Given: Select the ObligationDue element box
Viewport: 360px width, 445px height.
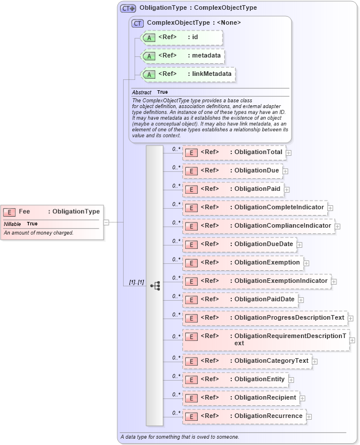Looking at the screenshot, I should tap(232, 171).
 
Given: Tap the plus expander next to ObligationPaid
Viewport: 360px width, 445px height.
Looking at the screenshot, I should tap(286, 189).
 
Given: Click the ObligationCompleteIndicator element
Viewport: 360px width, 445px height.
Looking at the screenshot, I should tap(254, 208).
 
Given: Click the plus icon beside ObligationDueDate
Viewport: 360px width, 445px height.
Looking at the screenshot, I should tap(300, 245).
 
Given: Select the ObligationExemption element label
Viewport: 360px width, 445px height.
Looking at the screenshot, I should tap(267, 262).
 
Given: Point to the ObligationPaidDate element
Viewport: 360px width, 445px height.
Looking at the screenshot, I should tap(240, 300).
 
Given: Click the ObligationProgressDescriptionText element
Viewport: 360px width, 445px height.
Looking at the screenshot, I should tap(265, 318).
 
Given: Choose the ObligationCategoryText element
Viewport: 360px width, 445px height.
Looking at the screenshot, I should tap(247, 361).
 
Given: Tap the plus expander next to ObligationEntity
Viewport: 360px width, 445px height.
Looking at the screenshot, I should tap(291, 379).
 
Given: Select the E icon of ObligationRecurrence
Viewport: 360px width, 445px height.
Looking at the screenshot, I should tap(191, 416).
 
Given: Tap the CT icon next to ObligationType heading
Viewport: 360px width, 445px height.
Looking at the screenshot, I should tap(128, 8).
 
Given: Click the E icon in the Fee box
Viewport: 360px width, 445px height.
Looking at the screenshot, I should tap(10, 212).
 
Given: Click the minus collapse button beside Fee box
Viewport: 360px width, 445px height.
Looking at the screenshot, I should tap(106, 222).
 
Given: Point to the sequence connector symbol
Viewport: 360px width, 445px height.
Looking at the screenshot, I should tap(155, 285).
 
